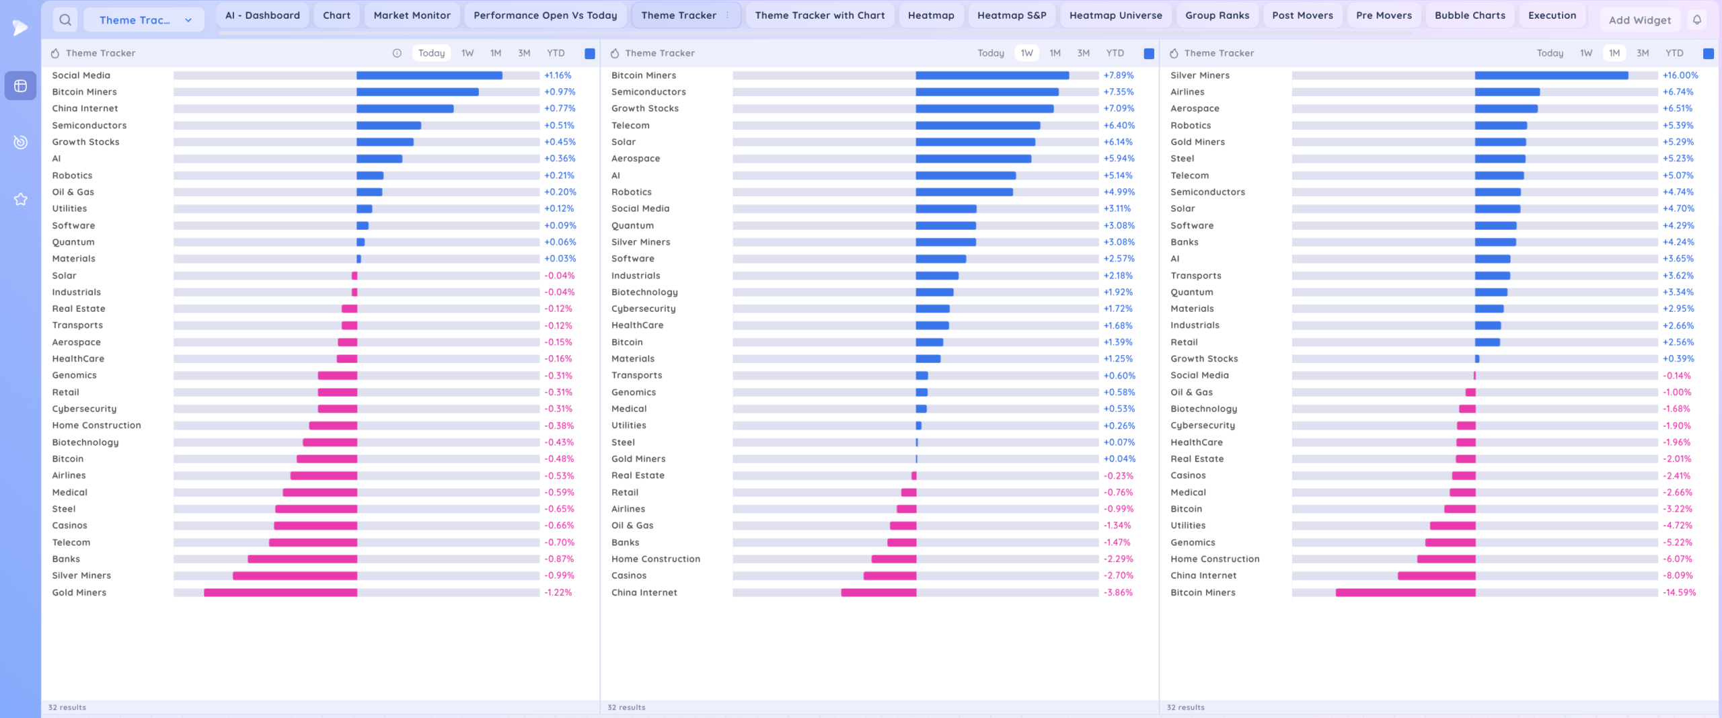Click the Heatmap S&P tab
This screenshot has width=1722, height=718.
(1011, 15)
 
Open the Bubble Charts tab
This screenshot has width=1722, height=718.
(1470, 15)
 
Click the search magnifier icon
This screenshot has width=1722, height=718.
(65, 20)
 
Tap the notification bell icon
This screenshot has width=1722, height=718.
(1697, 20)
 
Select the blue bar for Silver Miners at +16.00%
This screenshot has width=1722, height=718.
(1551, 75)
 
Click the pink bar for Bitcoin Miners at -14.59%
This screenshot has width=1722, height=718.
(1405, 592)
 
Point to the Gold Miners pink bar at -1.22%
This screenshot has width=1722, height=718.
(280, 592)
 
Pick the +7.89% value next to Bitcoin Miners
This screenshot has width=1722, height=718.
(1119, 75)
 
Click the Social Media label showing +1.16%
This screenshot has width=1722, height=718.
(81, 75)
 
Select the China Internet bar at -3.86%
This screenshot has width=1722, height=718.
(878, 592)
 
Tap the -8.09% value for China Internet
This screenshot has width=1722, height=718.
(1678, 575)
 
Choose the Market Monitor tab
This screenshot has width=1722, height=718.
(412, 15)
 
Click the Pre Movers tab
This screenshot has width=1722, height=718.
(1384, 15)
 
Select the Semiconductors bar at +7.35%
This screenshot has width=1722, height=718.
(987, 92)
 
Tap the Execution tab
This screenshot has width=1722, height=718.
(1552, 15)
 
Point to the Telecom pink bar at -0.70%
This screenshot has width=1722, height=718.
(313, 543)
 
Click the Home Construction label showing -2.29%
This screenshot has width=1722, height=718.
(655, 559)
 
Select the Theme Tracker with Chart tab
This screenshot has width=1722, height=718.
(819, 15)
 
